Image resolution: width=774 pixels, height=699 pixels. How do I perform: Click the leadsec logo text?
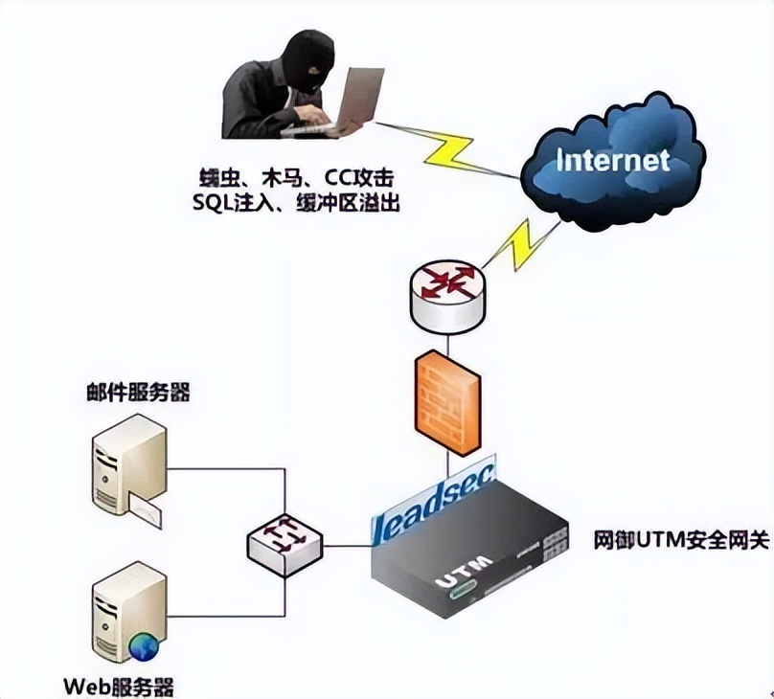[436, 505]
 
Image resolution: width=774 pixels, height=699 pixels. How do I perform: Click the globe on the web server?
[145, 649]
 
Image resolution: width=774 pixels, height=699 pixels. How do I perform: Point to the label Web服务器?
[119, 687]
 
